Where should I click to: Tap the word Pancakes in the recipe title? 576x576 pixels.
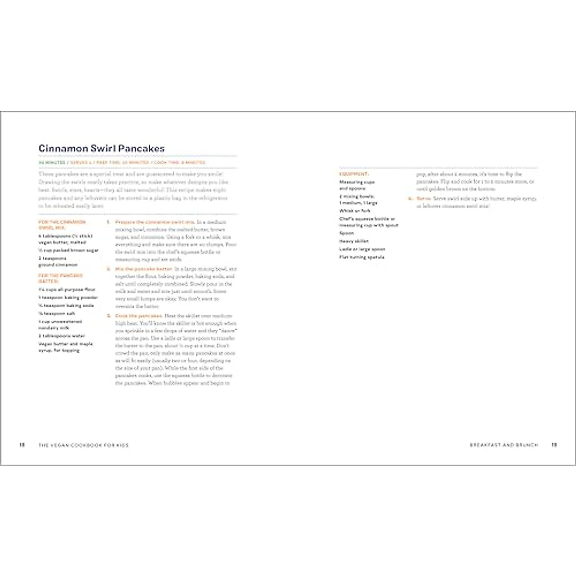(x=142, y=149)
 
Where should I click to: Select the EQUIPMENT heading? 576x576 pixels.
(x=354, y=174)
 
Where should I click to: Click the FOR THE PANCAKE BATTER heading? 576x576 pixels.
(x=60, y=278)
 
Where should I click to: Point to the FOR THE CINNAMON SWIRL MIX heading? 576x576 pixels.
(x=62, y=225)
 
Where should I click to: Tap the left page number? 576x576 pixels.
(x=22, y=445)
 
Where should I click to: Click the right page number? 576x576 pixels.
(x=554, y=445)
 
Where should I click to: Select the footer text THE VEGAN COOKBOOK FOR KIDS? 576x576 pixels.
(x=84, y=445)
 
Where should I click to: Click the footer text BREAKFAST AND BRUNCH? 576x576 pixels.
(x=504, y=445)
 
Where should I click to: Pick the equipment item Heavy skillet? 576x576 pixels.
(x=354, y=241)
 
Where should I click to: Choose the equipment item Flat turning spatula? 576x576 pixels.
(x=362, y=257)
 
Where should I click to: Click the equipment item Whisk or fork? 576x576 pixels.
(x=355, y=211)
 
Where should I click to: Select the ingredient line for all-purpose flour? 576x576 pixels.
(x=67, y=289)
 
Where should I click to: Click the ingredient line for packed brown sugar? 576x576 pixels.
(x=68, y=250)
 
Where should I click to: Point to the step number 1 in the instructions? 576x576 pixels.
(x=108, y=222)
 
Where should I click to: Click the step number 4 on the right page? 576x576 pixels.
(x=409, y=198)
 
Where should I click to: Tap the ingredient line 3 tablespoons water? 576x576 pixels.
(x=61, y=336)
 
